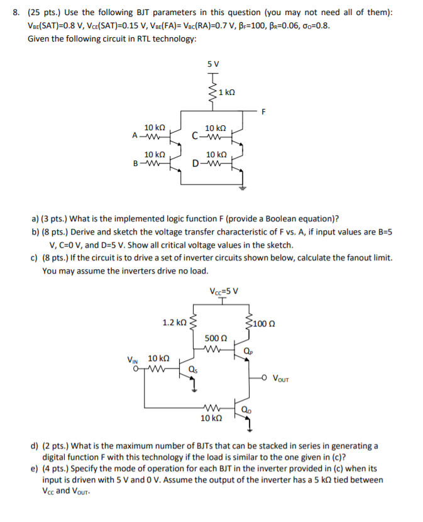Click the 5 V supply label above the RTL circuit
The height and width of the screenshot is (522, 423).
pos(213,64)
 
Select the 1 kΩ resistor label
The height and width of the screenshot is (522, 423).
pos(227,92)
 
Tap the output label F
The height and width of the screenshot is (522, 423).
pos(265,113)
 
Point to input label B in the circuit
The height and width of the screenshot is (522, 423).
pos(135,164)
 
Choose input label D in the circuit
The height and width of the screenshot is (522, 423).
pos(197,164)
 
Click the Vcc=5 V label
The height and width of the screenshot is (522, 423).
pos(222,291)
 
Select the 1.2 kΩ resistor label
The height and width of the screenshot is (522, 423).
pos(173,322)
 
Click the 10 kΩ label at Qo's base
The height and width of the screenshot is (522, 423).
pos(211,418)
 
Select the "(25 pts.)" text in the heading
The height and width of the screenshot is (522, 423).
pos(43,13)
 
